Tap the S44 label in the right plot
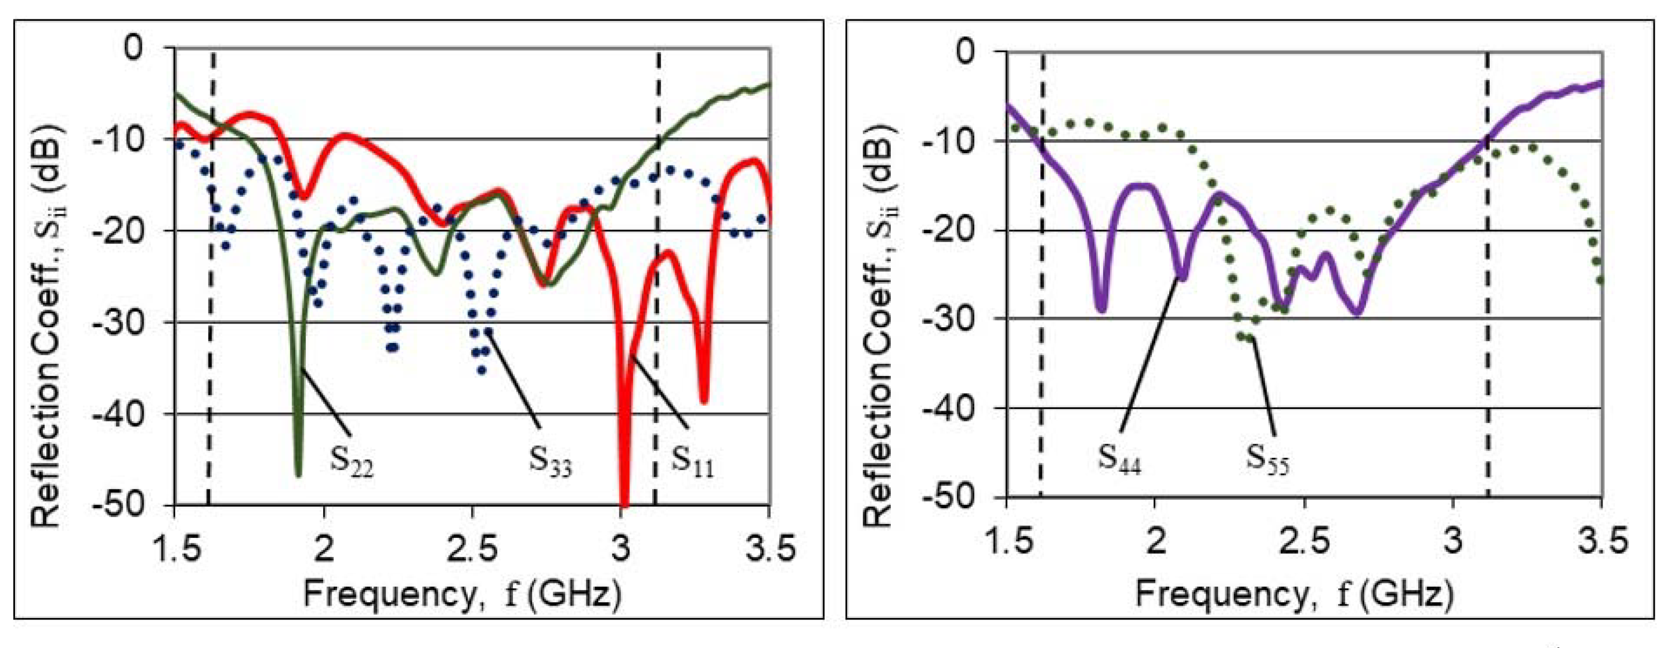(1119, 458)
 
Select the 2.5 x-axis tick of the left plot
(471, 549)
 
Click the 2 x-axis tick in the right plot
(1155, 541)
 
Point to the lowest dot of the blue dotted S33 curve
(481, 371)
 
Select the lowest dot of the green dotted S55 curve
(1246, 337)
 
